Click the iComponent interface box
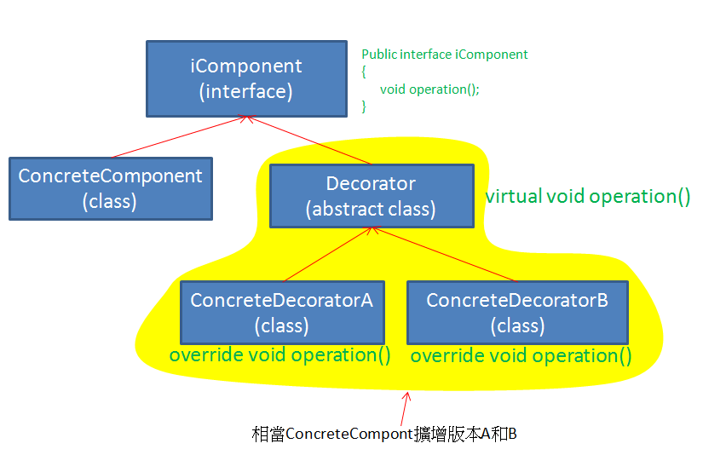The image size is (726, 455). coord(246,78)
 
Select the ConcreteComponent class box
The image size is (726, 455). coord(111,188)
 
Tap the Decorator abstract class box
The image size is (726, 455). coord(372,196)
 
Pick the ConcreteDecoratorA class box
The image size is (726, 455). coord(282,313)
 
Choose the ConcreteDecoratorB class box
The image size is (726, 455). coord(517,313)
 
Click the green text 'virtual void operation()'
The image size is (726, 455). coord(588,196)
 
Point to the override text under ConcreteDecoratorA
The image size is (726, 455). coord(279,355)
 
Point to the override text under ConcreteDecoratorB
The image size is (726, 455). coord(521,356)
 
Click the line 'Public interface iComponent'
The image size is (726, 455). coord(445,55)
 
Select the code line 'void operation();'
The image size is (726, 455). coord(429,89)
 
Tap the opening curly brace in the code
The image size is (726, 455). coord(364,72)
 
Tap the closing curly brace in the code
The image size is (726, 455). coord(364,107)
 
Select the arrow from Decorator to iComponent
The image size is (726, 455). coord(308,140)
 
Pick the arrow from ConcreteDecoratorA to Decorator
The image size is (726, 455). coord(328,254)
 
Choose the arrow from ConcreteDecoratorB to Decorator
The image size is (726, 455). coord(443,254)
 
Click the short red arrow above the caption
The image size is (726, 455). coord(405,409)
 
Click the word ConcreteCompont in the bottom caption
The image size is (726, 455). coord(349,435)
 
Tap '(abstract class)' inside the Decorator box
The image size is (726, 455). coord(371,210)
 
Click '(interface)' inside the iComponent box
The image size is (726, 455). coord(246,92)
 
